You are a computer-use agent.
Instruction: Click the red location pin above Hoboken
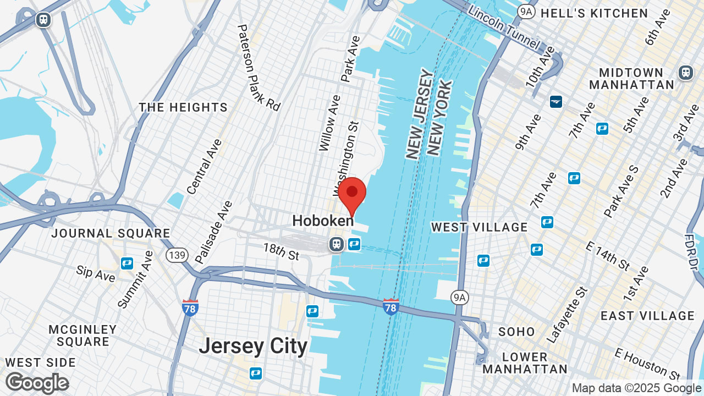click(x=352, y=194)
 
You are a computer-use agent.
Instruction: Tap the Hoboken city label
click(x=323, y=221)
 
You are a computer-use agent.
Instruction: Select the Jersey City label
click(x=253, y=346)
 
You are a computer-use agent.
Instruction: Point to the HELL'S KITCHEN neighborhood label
click(x=594, y=13)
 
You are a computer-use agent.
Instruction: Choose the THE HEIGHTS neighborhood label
click(x=183, y=107)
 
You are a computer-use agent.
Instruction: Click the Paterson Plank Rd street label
click(x=258, y=67)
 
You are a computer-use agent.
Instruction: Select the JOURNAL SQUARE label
click(x=111, y=233)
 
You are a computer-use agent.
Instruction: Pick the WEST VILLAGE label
click(x=480, y=227)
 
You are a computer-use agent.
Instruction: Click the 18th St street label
click(x=280, y=252)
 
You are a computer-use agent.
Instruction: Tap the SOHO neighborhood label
click(x=516, y=332)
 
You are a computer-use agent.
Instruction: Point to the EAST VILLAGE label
click(x=648, y=316)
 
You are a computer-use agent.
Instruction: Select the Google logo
click(x=37, y=383)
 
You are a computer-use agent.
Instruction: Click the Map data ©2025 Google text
click(x=636, y=388)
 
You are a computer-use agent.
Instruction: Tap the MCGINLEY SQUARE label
click(x=83, y=335)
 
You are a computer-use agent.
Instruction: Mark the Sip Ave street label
click(x=96, y=273)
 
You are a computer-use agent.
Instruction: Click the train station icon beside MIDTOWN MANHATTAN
click(x=685, y=72)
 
